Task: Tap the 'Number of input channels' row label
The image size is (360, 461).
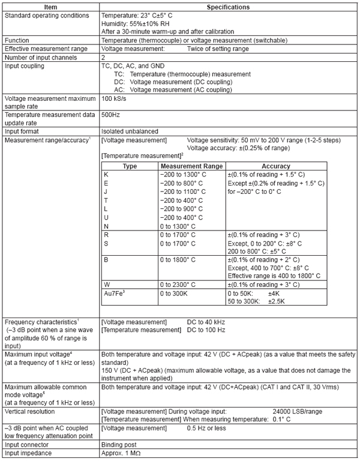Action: (42, 57)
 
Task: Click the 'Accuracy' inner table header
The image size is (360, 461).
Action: (276, 166)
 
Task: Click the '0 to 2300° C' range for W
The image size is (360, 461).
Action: (182, 283)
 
